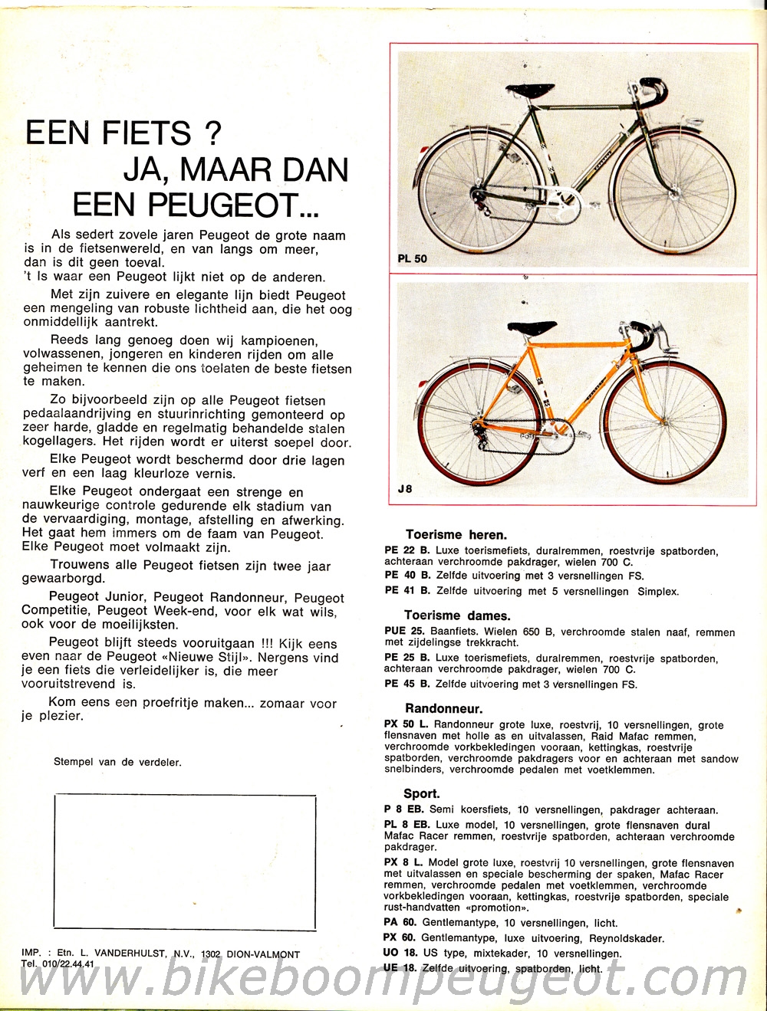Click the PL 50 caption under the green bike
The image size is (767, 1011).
[413, 258]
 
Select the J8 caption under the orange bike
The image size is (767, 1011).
[405, 487]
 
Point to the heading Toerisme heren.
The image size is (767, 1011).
[456, 535]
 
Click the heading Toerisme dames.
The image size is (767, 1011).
[457, 615]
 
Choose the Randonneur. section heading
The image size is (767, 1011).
[444, 709]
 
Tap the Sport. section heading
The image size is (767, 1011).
[422, 794]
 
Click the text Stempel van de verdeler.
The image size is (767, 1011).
[117, 762]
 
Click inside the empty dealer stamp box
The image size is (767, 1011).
[184, 862]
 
